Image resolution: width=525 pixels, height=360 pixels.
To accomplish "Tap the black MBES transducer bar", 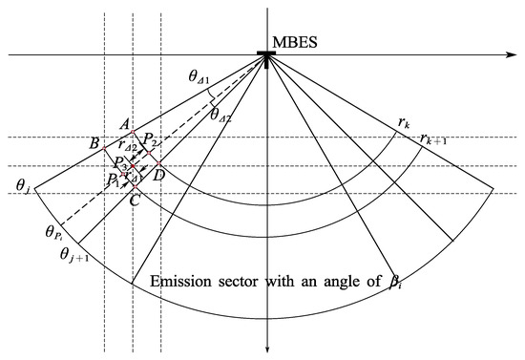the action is pyautogui.click(x=269, y=53).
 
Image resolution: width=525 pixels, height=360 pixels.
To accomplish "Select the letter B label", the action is pyautogui.click(x=94, y=143).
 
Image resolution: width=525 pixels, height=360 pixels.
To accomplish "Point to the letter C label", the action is pyautogui.click(x=135, y=201).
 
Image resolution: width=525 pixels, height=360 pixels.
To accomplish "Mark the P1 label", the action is pyautogui.click(x=113, y=179).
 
